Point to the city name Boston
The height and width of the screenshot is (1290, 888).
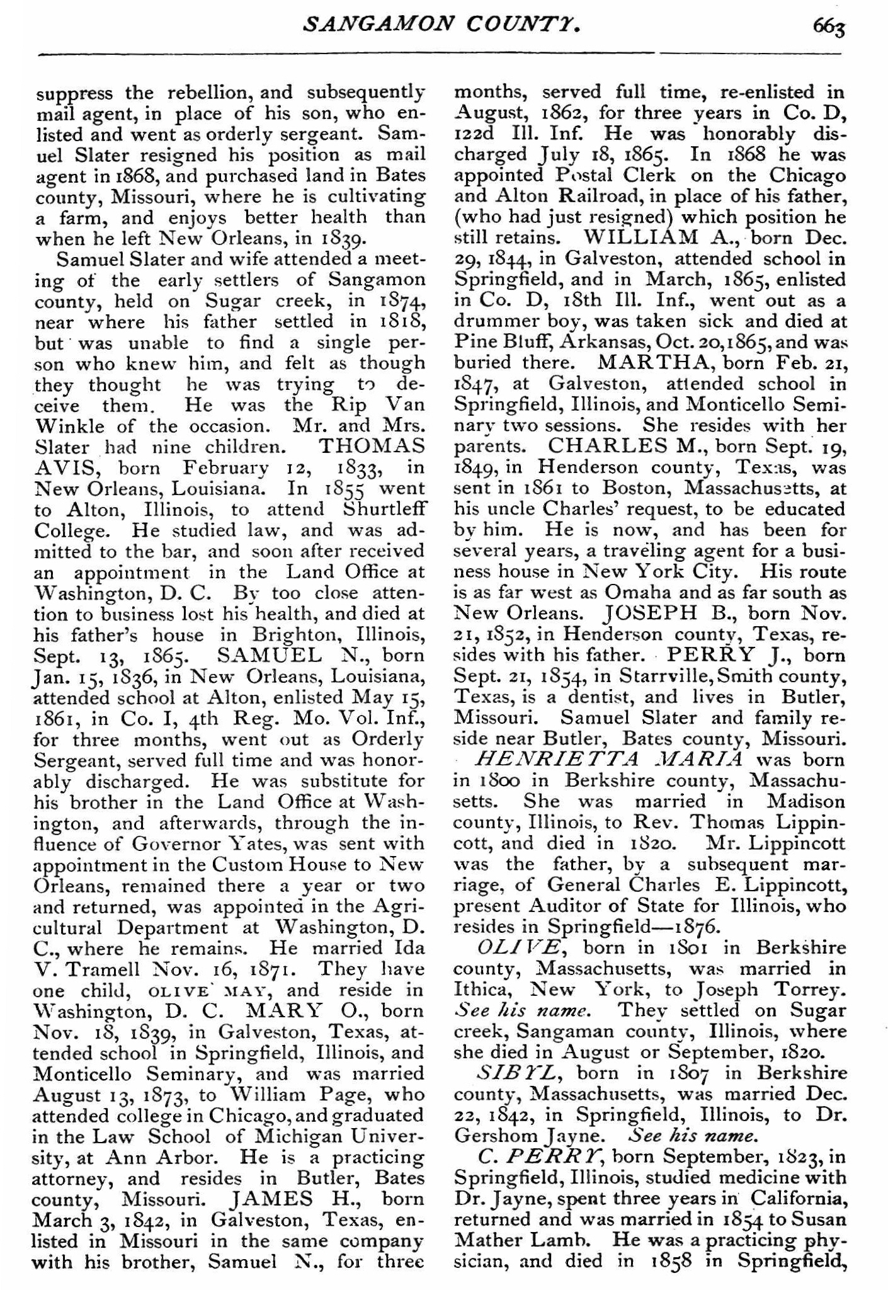[630, 488]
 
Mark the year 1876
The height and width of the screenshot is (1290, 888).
[695, 927]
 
